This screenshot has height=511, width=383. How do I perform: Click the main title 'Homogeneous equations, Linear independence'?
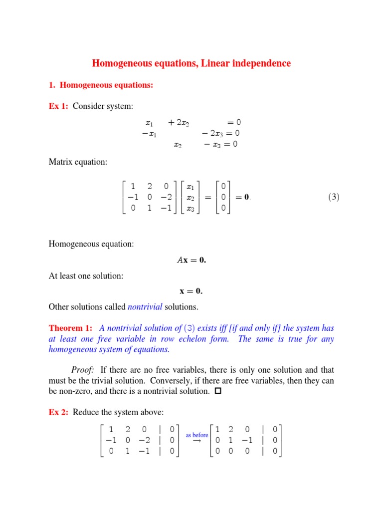[191, 63]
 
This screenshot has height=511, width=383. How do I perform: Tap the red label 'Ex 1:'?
[59, 106]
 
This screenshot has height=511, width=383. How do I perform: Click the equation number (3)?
[334, 197]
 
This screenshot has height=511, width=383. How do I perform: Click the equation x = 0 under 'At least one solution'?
[191, 291]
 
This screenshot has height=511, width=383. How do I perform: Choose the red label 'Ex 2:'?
[59, 412]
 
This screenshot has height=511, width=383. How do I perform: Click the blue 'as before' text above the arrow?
[196, 435]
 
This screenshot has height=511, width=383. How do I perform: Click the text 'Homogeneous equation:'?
[91, 244]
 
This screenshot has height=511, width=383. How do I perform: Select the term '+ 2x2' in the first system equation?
[179, 122]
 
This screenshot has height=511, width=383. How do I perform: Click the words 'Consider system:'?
[103, 106]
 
